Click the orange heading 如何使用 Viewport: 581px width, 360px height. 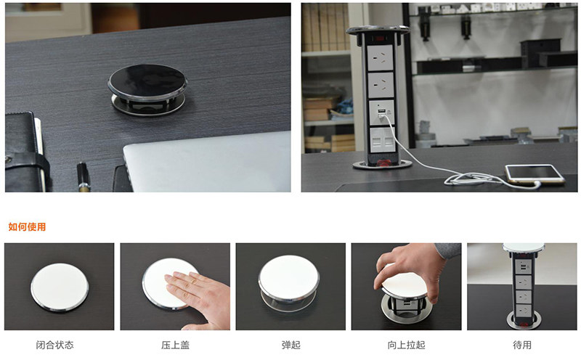(27, 226)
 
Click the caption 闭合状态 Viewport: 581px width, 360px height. (55, 345)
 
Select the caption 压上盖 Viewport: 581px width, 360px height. (175, 345)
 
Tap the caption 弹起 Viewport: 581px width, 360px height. (291, 345)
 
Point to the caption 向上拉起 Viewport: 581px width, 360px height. (407, 345)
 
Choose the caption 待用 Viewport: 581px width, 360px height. (522, 345)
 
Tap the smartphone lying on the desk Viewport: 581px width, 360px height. (535, 174)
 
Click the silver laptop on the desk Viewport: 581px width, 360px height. (208, 163)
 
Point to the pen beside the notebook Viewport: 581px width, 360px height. (83, 177)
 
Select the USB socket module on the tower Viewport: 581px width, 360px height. (382, 112)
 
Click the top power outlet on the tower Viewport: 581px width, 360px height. (380, 57)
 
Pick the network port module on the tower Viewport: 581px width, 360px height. (383, 140)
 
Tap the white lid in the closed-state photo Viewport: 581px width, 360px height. (60, 287)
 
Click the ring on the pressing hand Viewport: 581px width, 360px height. (194, 282)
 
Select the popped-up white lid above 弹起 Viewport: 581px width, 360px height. (288, 277)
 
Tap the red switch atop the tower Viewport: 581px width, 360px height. (378, 38)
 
